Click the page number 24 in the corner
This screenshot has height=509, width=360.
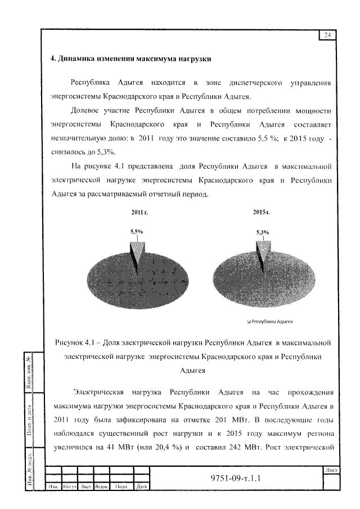point(327,35)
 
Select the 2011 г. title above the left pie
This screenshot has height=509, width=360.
point(139,213)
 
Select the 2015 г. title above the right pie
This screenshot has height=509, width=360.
point(262,213)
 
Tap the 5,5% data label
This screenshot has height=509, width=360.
point(137,231)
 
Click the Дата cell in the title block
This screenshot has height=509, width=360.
point(142,487)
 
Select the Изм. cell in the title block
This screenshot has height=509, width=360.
point(53,487)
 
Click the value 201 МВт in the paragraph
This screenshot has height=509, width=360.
point(232,419)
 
